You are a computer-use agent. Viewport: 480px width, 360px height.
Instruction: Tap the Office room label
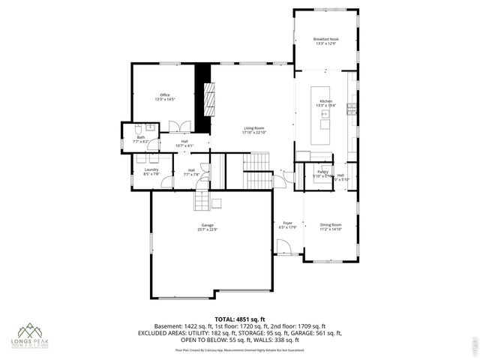click(x=164, y=95)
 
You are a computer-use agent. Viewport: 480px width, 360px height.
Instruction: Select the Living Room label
click(x=253, y=128)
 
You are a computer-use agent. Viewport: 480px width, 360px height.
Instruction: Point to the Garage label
click(x=207, y=226)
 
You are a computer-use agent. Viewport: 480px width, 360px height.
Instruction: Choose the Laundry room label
click(x=151, y=170)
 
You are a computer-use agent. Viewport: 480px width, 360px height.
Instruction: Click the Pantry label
click(x=322, y=172)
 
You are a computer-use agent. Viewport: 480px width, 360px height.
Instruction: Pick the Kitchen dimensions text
click(x=326, y=106)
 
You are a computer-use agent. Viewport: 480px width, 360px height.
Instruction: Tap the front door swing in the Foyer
click(x=283, y=247)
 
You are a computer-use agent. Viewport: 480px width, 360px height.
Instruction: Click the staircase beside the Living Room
click(x=259, y=161)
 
